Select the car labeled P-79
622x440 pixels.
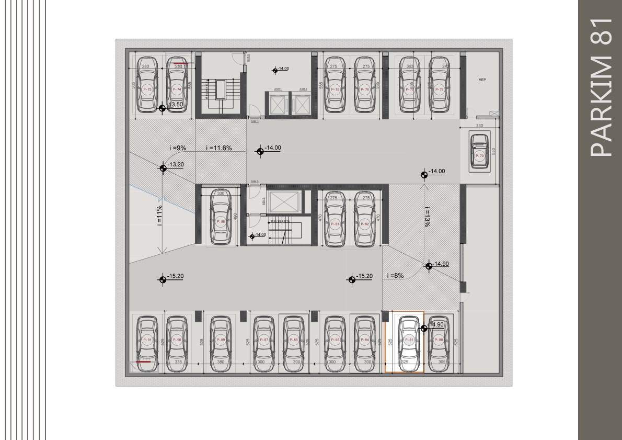click(x=479, y=152)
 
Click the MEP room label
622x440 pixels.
click(x=482, y=80)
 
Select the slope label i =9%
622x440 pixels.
click(x=177, y=148)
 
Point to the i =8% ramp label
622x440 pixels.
click(x=395, y=276)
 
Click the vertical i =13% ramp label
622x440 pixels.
click(x=427, y=216)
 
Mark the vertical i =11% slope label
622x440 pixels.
click(x=159, y=215)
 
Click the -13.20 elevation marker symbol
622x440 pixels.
click(x=163, y=167)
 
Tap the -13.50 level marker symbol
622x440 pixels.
click(x=162, y=108)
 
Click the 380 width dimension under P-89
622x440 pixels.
click(x=221, y=362)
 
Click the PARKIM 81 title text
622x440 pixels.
click(x=600, y=86)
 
